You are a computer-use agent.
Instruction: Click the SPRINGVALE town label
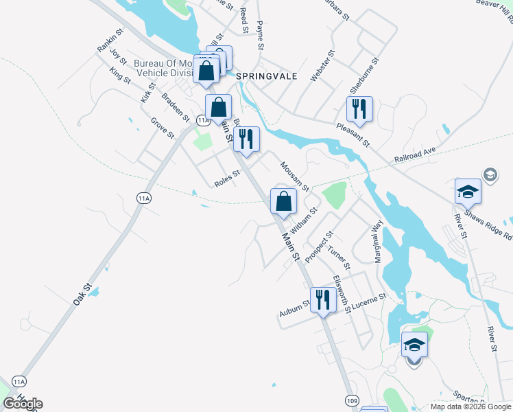click(x=267, y=76)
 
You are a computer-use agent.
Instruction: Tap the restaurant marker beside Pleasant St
click(x=359, y=108)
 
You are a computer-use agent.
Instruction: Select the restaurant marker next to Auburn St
click(x=322, y=299)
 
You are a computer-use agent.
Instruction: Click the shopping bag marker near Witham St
click(x=283, y=201)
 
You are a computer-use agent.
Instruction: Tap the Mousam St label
click(x=296, y=176)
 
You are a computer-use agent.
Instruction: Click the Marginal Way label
click(x=377, y=241)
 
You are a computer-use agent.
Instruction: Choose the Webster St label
click(x=322, y=66)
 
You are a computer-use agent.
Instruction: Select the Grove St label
click(x=163, y=128)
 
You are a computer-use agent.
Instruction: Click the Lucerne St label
click(x=371, y=301)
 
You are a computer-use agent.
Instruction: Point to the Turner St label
click(x=339, y=257)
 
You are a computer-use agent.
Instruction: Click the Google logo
click(x=23, y=404)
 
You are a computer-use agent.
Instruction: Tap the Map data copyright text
click(x=470, y=407)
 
